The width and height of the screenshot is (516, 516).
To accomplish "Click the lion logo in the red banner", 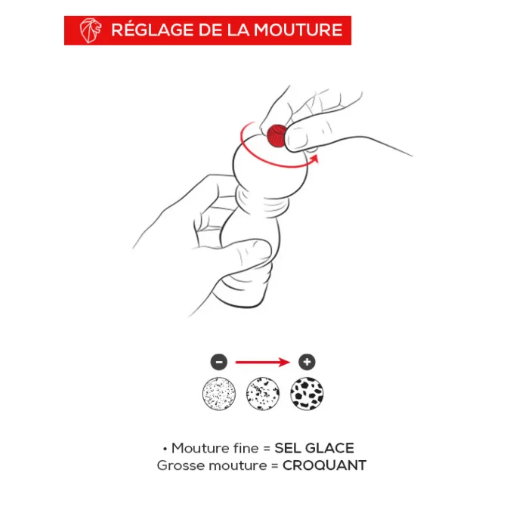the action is pyautogui.click(x=90, y=31).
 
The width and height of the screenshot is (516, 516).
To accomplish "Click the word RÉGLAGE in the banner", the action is pyautogui.click(x=153, y=29).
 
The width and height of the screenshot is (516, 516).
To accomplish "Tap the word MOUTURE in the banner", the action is pyautogui.click(x=298, y=29).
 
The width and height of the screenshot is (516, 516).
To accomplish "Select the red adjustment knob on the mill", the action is pyautogui.click(x=277, y=135).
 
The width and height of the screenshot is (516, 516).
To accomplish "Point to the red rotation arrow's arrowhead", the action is pyautogui.click(x=314, y=159).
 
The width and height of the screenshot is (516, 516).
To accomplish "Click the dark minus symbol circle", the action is pyautogui.click(x=219, y=362).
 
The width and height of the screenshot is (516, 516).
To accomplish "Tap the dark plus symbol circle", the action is pyautogui.click(x=307, y=362).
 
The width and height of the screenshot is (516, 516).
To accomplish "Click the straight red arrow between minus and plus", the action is pyautogui.click(x=263, y=363).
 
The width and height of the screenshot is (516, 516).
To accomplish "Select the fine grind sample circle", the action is pyautogui.click(x=219, y=394).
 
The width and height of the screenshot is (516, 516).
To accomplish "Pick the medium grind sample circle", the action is pyautogui.click(x=263, y=394).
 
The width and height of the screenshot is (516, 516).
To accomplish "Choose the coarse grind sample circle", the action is pyautogui.click(x=307, y=394).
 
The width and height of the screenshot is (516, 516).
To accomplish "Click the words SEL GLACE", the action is pyautogui.click(x=314, y=448).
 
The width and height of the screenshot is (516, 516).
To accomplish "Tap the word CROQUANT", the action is pyautogui.click(x=324, y=465).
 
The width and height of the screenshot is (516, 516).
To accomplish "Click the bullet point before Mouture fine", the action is pyautogui.click(x=165, y=449).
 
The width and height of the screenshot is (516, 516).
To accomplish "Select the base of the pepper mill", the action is pyautogui.click(x=243, y=289).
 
